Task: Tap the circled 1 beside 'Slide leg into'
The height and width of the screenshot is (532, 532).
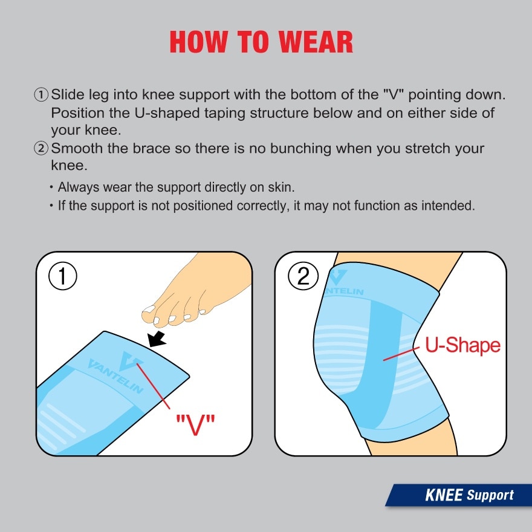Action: click(x=41, y=95)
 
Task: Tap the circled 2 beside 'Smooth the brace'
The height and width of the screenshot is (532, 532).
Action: click(x=41, y=148)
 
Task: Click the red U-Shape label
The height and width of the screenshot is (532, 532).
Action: click(x=462, y=345)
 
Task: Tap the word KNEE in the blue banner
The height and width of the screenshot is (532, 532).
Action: click(x=444, y=496)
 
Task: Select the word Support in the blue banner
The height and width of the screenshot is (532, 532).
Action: click(x=490, y=496)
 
